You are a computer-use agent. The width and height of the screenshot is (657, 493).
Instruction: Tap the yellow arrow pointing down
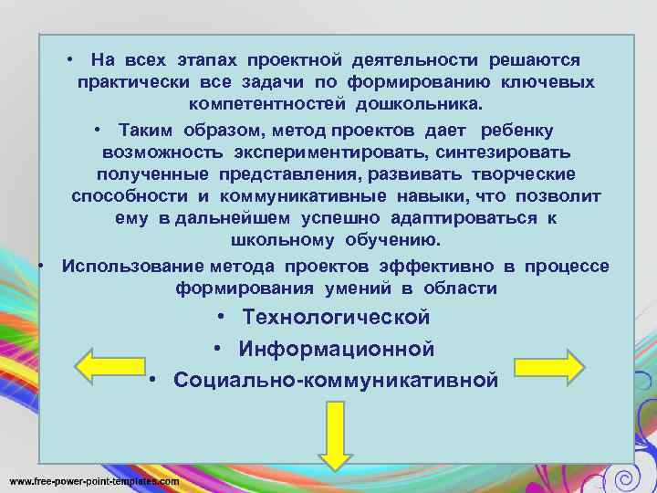tap(335, 437)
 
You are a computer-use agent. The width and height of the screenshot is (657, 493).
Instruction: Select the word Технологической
tap(336, 318)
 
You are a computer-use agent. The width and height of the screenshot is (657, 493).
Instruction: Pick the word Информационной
tap(336, 349)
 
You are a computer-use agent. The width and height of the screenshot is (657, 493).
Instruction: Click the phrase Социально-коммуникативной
tap(336, 380)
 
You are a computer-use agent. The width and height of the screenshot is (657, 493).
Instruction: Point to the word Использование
tap(132, 266)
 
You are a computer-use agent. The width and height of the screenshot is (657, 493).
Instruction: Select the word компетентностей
tap(264, 105)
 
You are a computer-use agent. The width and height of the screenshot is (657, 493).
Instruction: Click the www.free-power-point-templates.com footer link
tap(94, 480)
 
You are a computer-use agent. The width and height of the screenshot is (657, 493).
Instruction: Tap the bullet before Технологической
tap(223, 318)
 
